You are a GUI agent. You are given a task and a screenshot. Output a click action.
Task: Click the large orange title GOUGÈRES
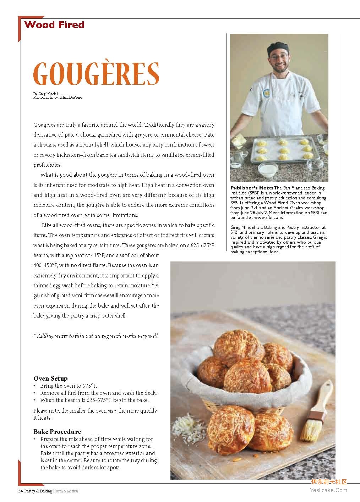point(96,73)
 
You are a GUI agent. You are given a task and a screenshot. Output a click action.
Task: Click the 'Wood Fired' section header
point(54,25)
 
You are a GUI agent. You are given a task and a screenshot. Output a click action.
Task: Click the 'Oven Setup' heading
point(50,379)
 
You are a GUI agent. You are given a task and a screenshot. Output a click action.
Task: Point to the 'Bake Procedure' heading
point(57,431)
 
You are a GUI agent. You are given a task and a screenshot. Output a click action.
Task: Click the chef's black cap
point(278,48)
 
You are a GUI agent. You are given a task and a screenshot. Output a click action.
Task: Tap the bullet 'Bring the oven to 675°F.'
point(69,386)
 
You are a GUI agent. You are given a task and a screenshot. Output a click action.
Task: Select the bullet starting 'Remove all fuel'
point(98,393)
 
